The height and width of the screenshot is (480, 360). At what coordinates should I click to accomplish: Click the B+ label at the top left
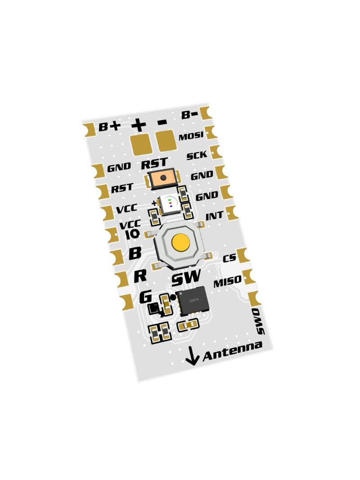(109, 126)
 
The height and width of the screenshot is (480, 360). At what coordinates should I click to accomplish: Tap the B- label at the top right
(189, 114)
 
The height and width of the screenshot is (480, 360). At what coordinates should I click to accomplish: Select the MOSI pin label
(191, 136)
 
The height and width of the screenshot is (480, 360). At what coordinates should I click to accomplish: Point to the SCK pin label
(197, 155)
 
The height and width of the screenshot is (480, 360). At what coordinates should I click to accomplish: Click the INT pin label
(214, 216)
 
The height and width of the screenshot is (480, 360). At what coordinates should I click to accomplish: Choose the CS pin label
(229, 258)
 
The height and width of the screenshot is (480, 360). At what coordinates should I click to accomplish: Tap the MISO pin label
(227, 281)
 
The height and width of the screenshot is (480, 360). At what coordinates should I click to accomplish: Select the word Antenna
(233, 351)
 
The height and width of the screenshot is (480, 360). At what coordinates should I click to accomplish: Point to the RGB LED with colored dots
(169, 203)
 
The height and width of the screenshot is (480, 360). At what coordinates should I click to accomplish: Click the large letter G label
(146, 297)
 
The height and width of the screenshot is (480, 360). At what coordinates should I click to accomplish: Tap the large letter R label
(140, 276)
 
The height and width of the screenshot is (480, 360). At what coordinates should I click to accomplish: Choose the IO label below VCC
(133, 235)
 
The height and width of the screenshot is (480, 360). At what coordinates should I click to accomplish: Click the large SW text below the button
(186, 278)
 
